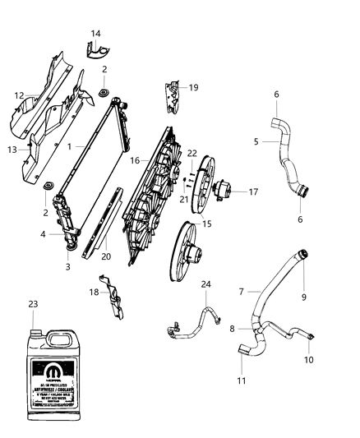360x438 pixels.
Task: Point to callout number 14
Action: pyautogui.click(x=96, y=34)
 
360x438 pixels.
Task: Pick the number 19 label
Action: pyautogui.click(x=194, y=87)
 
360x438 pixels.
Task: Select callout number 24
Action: pyautogui.click(x=206, y=285)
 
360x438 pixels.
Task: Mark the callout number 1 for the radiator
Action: pyautogui.click(x=70, y=145)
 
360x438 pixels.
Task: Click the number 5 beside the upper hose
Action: pyautogui.click(x=256, y=141)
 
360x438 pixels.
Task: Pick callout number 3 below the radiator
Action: pyautogui.click(x=68, y=267)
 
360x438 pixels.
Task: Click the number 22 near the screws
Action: pyautogui.click(x=192, y=153)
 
